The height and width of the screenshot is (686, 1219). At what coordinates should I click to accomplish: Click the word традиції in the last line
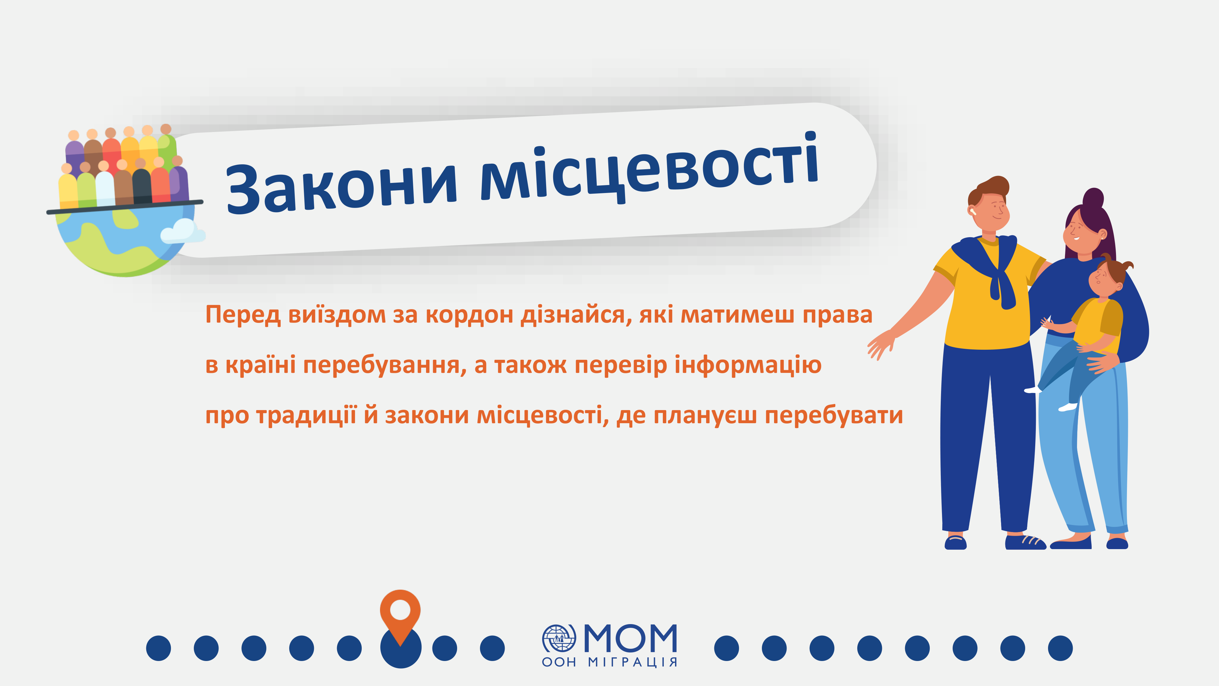(x=306, y=416)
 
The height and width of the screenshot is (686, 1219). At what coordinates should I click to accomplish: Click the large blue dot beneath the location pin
(x=400, y=648)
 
